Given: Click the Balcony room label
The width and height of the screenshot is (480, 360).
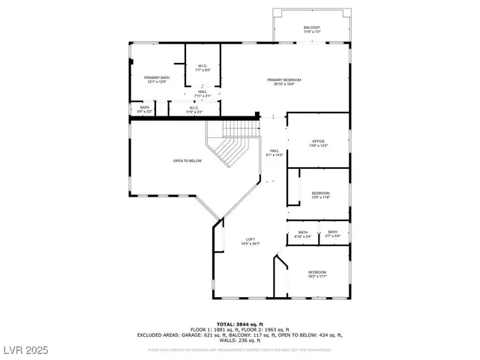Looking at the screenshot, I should [312, 30].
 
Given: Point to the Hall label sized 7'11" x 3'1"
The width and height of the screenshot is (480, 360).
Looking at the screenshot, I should [202, 94].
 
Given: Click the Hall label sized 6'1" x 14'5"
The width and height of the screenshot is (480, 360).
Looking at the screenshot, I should [274, 152].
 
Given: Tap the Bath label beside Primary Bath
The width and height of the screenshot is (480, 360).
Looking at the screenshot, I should [144, 109].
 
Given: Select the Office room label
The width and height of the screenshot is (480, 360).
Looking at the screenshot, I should [318, 142].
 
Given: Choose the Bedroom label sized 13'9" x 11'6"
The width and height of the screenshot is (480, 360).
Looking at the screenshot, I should [320, 195].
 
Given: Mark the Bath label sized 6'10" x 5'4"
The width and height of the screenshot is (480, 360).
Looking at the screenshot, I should [303, 234].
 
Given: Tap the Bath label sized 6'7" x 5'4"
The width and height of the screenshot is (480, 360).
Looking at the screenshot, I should [332, 234].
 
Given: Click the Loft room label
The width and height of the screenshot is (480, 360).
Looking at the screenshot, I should [250, 241].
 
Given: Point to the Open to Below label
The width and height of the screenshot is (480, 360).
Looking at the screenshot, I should [187, 160].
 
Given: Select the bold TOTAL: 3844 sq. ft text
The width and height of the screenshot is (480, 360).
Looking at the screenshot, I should [240, 323].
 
